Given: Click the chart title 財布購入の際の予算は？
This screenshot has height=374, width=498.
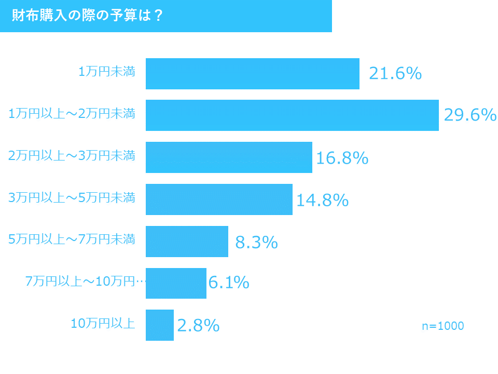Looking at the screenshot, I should [87, 16].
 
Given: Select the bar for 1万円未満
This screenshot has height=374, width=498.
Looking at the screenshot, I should [252, 74].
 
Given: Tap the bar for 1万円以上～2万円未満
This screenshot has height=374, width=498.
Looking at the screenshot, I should [292, 115].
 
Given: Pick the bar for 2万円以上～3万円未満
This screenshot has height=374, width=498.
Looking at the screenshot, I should [229, 157].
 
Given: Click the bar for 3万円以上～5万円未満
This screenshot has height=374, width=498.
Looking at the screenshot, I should [219, 199].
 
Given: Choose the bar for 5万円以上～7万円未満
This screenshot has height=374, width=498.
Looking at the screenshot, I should [187, 242].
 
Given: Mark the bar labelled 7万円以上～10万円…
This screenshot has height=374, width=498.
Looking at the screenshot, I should [176, 283].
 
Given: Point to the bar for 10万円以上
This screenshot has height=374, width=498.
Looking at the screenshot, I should [160, 325].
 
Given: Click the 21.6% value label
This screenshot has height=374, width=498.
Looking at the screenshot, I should [395, 74].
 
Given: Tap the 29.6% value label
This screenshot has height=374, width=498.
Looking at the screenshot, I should [470, 115].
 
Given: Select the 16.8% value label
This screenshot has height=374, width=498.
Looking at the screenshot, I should [342, 158].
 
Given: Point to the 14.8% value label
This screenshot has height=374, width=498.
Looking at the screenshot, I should [322, 200].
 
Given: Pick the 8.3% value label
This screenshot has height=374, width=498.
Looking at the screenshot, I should [256, 242].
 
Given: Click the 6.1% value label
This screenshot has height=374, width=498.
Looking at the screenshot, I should [229, 283].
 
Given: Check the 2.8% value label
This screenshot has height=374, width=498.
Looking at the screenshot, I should [198, 326].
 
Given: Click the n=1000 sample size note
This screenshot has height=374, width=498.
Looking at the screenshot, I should [442, 326].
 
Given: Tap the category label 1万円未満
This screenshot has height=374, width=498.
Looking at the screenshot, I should [107, 72].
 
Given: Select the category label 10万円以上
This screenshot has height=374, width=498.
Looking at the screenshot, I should [103, 324].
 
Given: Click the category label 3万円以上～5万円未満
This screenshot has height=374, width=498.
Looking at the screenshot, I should [72, 198].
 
